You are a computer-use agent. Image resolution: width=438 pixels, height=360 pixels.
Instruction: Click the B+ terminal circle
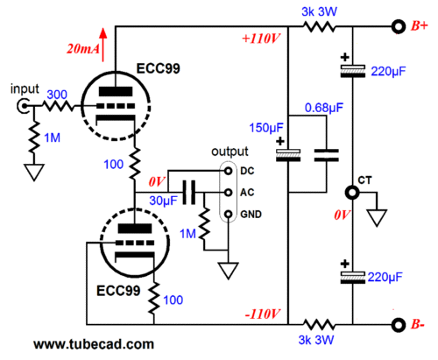[399, 27]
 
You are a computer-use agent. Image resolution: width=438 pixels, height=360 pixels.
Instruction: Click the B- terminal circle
[399, 325]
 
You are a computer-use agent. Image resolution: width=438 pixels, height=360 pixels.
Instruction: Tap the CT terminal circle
[352, 193]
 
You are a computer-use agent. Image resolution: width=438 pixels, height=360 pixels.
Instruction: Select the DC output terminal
[229, 171]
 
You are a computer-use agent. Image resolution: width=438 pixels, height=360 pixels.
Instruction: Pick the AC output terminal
[229, 193]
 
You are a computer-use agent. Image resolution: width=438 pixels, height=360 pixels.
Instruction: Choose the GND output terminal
[229, 215]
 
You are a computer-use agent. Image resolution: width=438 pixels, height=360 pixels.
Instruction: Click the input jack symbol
[23, 106]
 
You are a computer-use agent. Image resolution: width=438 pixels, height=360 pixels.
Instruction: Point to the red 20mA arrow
[102, 45]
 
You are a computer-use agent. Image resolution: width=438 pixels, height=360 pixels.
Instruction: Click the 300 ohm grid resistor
[59, 106]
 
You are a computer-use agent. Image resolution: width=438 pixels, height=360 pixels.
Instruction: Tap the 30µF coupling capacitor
[189, 193]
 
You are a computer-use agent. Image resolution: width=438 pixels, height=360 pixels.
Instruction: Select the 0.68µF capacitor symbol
[327, 155]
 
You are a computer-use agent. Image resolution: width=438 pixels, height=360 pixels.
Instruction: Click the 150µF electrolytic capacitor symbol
[288, 155]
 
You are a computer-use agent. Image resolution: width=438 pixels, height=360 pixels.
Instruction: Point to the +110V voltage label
[261, 39]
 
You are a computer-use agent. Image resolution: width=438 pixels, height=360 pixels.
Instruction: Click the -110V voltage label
[263, 314]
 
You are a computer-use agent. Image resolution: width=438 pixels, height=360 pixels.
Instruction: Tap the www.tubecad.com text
[94, 344]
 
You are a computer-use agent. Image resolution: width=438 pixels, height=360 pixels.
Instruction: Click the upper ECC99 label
[159, 68]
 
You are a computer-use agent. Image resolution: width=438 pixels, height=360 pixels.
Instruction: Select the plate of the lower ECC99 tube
[135, 229]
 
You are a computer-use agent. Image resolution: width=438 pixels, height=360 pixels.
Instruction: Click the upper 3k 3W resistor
[319, 27]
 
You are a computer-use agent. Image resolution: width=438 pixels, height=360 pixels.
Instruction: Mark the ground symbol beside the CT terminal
[377, 218]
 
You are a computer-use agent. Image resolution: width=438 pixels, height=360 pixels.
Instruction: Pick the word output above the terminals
[230, 152]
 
